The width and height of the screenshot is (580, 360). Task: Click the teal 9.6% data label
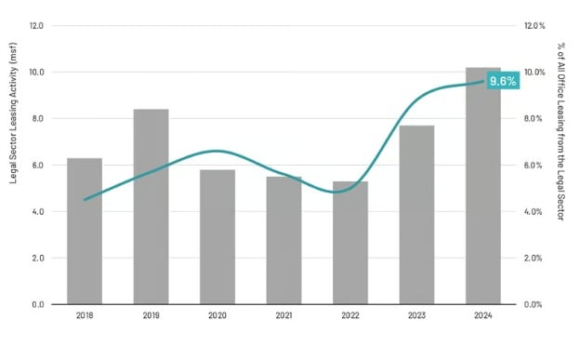[503, 81]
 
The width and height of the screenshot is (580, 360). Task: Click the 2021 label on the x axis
[283, 316]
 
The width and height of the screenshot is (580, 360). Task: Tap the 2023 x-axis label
[416, 316]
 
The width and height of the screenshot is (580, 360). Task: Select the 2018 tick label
[85, 316]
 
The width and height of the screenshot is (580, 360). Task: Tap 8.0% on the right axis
[534, 118]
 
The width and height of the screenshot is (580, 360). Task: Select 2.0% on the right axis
[534, 258]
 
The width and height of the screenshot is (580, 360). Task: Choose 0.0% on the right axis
[534, 304]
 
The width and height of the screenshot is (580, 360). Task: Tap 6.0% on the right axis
[534, 165]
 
